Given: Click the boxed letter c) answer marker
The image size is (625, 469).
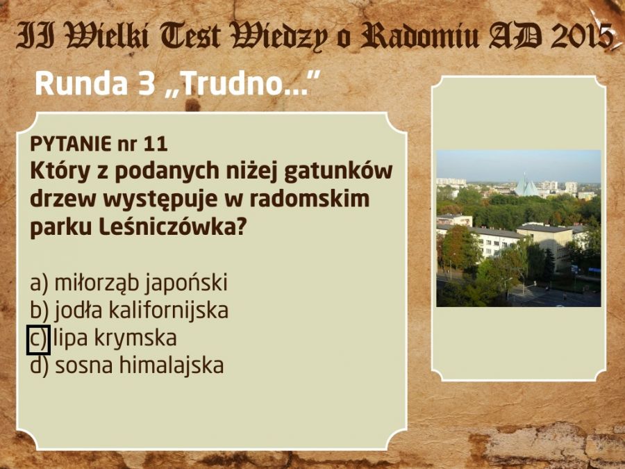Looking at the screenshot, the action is [38, 340].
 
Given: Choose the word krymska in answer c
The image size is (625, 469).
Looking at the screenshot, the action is [135, 338].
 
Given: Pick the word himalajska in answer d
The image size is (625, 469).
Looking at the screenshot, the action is [172, 366].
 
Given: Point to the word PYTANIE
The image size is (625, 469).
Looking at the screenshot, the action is [71, 144].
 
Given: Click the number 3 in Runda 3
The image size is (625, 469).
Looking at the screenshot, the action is [147, 84].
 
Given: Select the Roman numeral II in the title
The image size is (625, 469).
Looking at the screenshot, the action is [36, 35].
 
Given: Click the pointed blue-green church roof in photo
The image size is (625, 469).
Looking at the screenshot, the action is [526, 186].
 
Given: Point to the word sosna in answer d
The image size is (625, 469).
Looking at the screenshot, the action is [84, 366].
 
